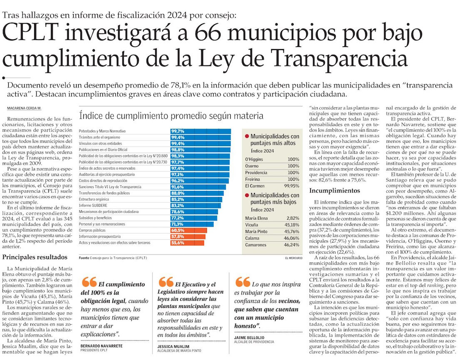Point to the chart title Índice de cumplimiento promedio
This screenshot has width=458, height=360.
(x=171, y=115)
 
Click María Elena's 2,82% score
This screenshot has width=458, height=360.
(x=292, y=218)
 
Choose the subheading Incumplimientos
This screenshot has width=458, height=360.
(x=334, y=190)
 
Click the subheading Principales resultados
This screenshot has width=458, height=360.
(x=35, y=257)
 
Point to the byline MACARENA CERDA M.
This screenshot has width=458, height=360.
(x=24, y=108)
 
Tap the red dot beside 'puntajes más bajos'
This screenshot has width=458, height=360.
(x=247, y=195)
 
